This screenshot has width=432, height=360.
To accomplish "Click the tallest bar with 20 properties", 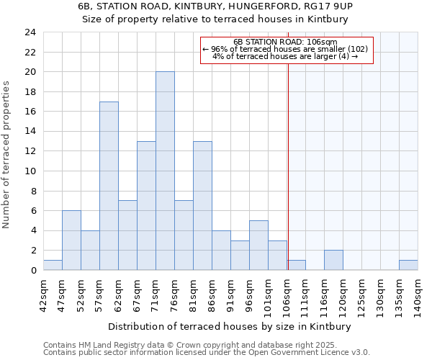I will pyautogui.click(x=165, y=171).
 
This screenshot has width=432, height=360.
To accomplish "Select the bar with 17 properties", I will pyautogui.click(x=109, y=186).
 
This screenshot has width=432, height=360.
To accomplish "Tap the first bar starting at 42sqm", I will pyautogui.click(x=53, y=265).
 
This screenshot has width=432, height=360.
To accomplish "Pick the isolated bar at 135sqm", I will pyautogui.click(x=408, y=265).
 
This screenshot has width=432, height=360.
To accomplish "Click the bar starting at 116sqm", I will pyautogui.click(x=333, y=260).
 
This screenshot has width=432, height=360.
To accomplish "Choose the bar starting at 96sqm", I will pyautogui.click(x=258, y=246).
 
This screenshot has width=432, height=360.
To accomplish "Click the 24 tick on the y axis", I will pyautogui.click(x=30, y=32).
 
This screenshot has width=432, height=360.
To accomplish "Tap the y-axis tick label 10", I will pyautogui.click(x=30, y=171).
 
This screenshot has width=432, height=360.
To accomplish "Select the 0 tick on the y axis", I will pyautogui.click(x=32, y=271).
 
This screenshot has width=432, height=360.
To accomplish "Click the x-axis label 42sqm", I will pyautogui.click(x=44, y=294).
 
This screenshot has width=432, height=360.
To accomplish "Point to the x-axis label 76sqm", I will pyautogui.click(x=175, y=294).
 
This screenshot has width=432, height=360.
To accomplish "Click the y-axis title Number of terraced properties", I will pyautogui.click(x=7, y=155).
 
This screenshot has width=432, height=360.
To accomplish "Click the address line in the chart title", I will pyautogui.click(x=215, y=6).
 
